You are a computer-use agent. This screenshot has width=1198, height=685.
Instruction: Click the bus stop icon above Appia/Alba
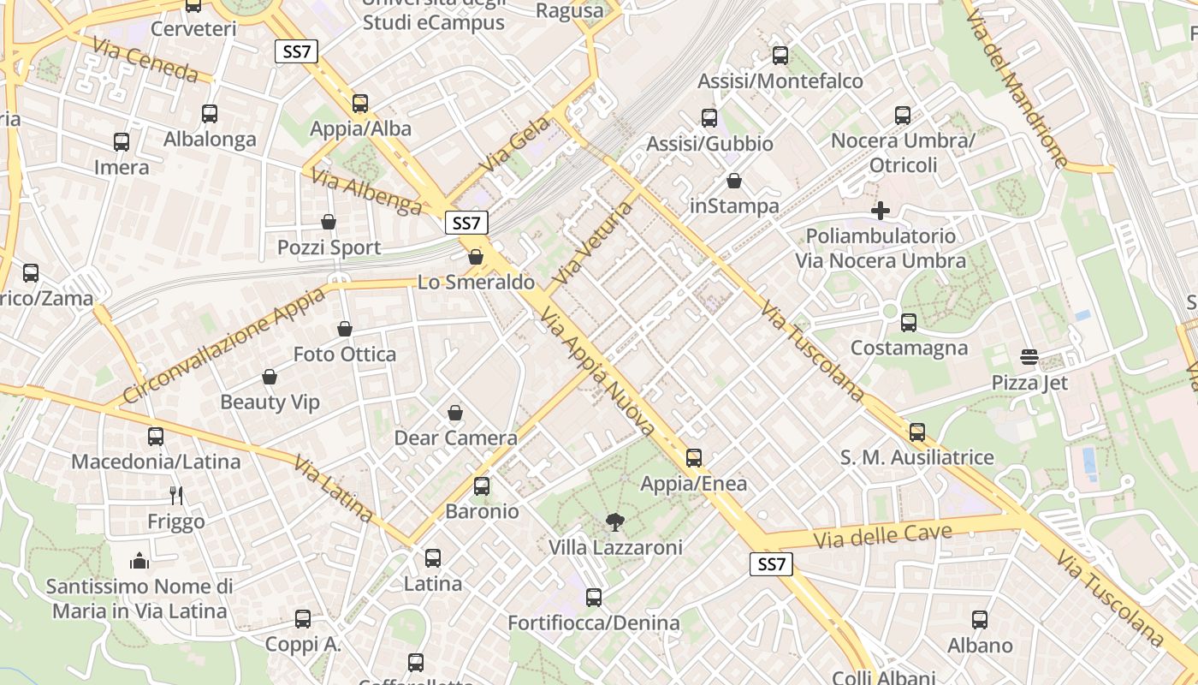click(360, 104)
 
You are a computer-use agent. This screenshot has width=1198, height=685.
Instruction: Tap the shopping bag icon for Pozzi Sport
click(329, 223)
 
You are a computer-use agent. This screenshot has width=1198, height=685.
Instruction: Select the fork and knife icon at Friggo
click(176, 496)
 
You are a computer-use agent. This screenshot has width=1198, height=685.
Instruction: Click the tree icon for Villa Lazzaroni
click(614, 521)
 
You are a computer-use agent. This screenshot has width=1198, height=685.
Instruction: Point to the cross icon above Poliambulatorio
click(881, 210)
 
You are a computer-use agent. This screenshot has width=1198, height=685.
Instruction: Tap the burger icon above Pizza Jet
click(1029, 357)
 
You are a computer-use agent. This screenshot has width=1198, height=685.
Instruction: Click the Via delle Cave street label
click(882, 537)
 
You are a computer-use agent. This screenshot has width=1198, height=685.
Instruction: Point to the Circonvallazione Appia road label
click(225, 344)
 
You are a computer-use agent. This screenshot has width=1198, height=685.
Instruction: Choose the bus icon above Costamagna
click(909, 323)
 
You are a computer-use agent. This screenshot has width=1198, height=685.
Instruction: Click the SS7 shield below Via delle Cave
click(771, 564)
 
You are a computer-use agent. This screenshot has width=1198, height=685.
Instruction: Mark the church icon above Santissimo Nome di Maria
click(139, 561)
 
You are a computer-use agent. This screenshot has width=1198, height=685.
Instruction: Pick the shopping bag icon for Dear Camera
click(455, 414)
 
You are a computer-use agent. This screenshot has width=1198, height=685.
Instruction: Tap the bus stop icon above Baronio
click(482, 486)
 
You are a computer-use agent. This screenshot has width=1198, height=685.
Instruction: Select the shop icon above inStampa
click(734, 181)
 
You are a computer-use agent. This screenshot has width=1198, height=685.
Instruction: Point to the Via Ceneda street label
click(146, 60)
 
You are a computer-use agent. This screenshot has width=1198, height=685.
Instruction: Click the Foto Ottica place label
click(345, 354)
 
